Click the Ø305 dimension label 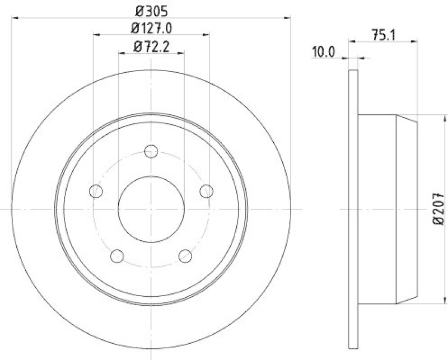coord(151,10)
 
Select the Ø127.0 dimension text coord(151,27)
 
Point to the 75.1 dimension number coord(384,34)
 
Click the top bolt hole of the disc coord(151,152)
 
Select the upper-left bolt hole coord(96,191)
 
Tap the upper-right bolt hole coord(206,191)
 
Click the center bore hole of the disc coord(151,208)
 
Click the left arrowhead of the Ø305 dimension coord(14,17)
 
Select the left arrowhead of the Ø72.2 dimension coord(122,53)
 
